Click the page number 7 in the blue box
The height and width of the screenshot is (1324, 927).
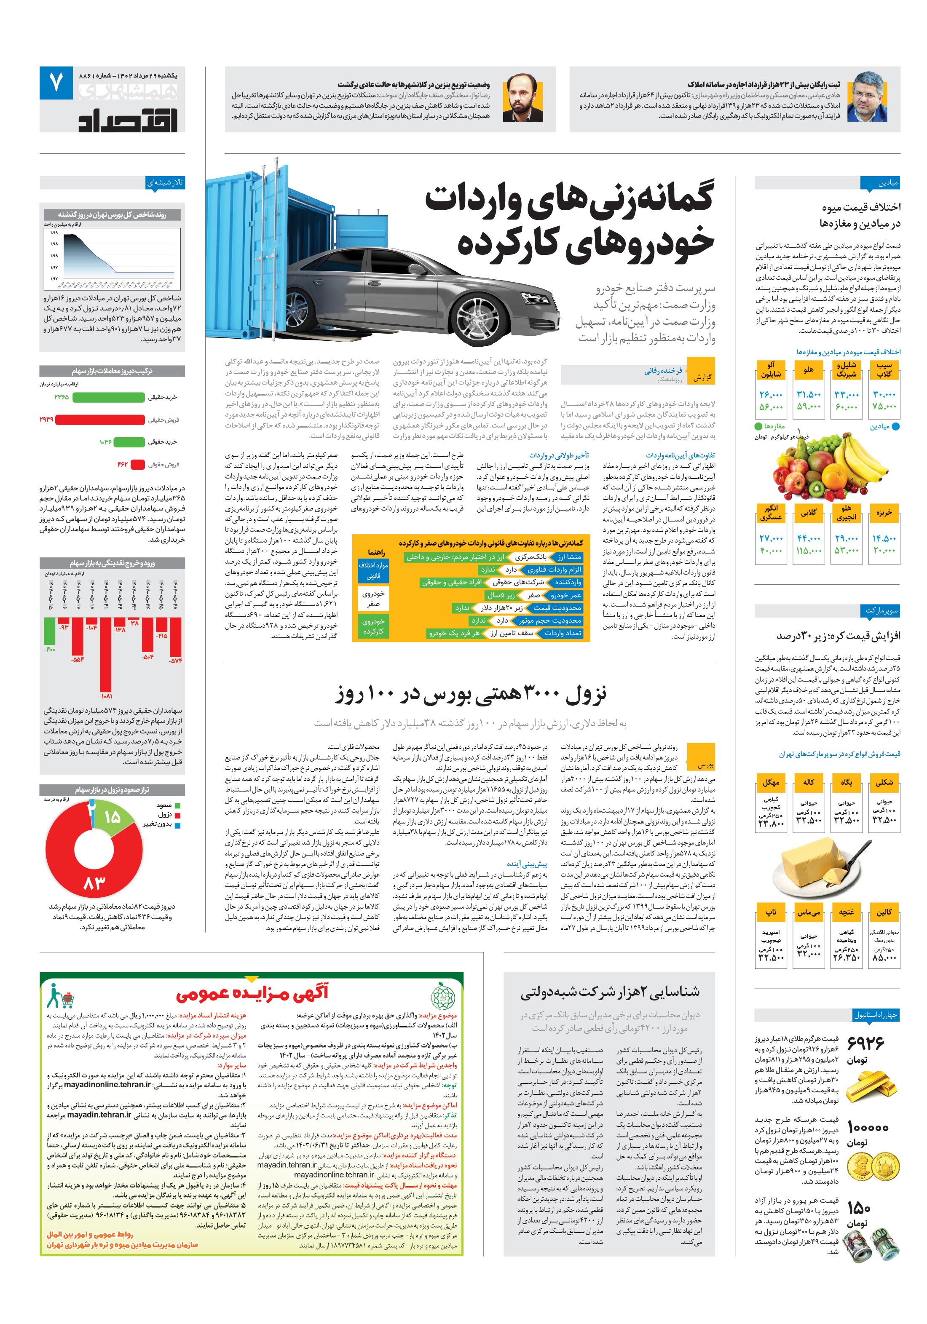click(x=56, y=83)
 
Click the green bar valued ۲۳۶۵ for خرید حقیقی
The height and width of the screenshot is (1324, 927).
click(x=108, y=397)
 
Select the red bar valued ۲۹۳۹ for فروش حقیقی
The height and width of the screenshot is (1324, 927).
click(x=99, y=420)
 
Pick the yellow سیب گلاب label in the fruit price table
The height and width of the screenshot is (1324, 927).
click(x=884, y=369)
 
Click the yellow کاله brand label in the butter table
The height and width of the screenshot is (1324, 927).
click(x=808, y=783)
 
